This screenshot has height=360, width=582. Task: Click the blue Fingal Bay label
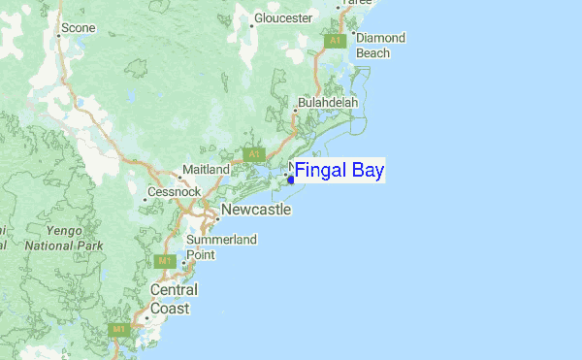(x=339, y=172)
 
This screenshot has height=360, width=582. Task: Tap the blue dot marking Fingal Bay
(x=292, y=180)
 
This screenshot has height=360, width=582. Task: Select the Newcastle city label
(x=256, y=210)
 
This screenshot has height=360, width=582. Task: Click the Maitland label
(x=206, y=170)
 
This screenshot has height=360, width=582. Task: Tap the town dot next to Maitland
(x=180, y=178)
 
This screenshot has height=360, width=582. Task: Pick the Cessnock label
(x=174, y=193)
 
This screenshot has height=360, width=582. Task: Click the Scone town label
(x=79, y=28)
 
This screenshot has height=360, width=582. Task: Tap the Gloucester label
(x=283, y=18)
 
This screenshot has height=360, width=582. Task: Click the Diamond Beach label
(x=379, y=46)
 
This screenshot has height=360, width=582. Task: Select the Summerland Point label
(x=220, y=246)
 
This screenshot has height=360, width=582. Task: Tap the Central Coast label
(x=174, y=299)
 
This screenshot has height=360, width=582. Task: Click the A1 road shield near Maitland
(x=254, y=154)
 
